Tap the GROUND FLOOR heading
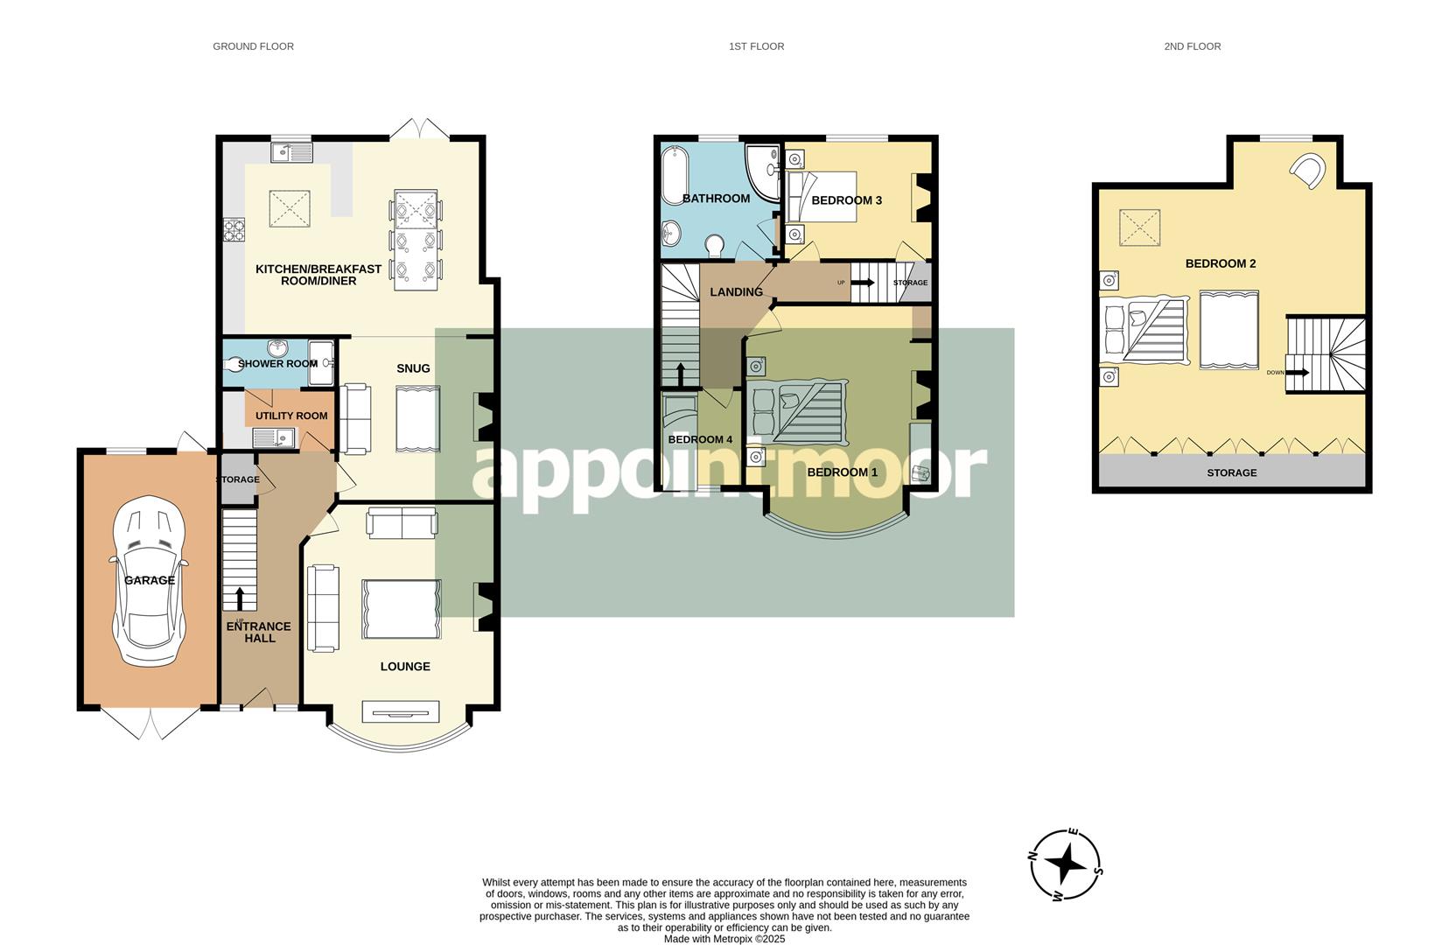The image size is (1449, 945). click(x=253, y=46)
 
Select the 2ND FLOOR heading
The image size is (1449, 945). click(x=1192, y=46)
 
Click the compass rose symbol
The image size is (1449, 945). click(x=1066, y=864)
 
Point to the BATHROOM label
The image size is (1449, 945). click(x=716, y=199)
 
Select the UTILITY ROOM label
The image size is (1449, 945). click(x=291, y=416)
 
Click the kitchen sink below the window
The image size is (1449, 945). click(x=291, y=152)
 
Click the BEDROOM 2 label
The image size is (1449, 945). click(x=1221, y=263)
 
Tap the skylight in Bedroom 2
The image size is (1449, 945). click(x=1139, y=227)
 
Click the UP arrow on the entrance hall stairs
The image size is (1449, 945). click(x=239, y=598)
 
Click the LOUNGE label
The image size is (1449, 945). click(x=405, y=667)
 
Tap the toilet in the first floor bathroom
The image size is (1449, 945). click(x=715, y=246)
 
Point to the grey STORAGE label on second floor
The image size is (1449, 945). click(x=1231, y=472)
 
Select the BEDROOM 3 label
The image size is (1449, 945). click(x=846, y=200)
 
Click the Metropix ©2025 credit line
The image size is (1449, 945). click(x=724, y=939)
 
